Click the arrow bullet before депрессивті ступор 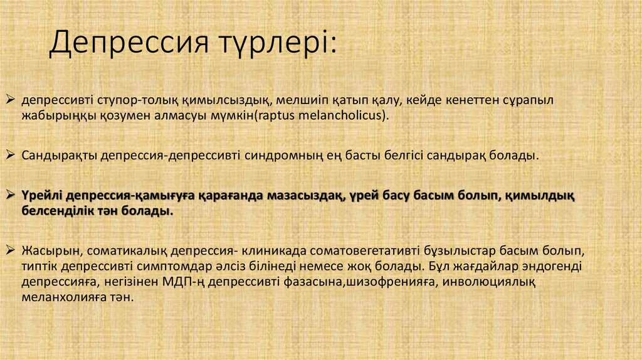click(10, 100)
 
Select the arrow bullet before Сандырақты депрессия click(10, 154)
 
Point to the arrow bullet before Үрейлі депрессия click(10, 195)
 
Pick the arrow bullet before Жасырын click(10, 250)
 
